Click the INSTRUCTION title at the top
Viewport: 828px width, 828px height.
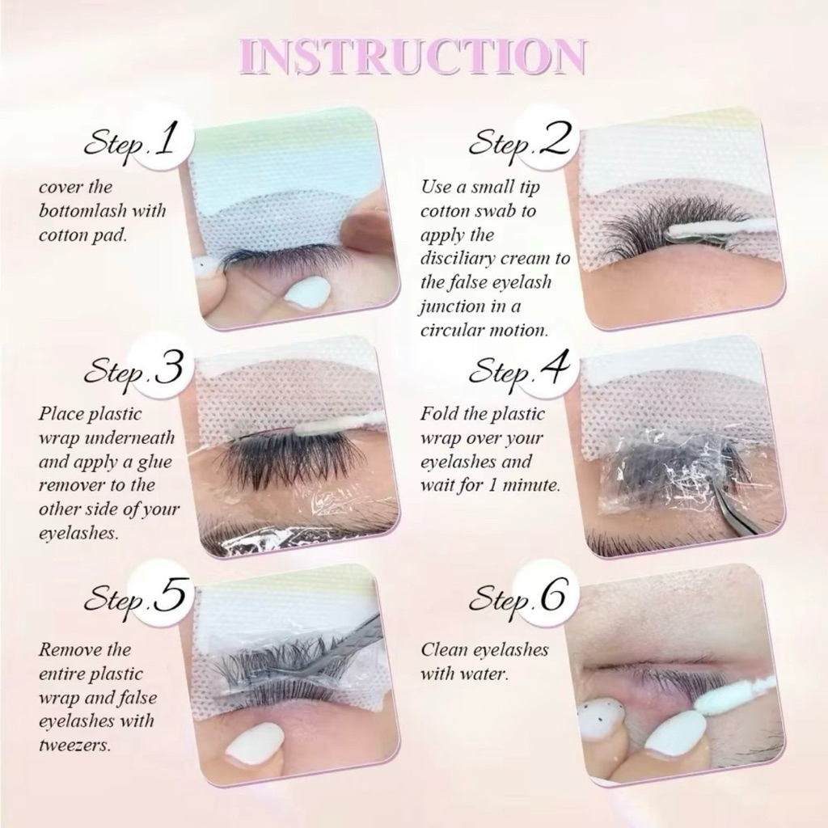pos(412,57)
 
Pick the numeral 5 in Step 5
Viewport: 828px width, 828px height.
pos(170,594)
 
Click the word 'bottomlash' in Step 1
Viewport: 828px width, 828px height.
pos(82,211)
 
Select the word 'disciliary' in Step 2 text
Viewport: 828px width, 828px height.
pos(458,259)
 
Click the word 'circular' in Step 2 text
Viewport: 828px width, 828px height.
pos(452,331)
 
